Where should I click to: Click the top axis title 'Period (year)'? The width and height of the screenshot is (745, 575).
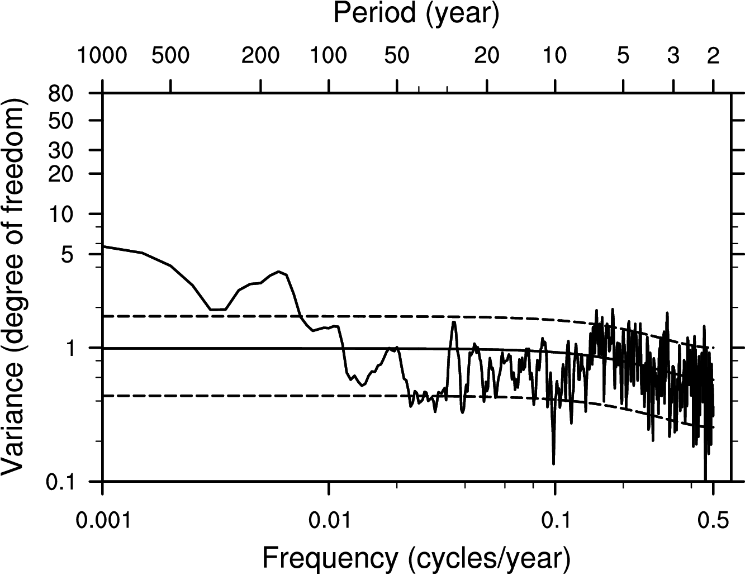pyautogui.click(x=416, y=13)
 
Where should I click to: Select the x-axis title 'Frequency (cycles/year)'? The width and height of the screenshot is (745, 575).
pyautogui.click(x=416, y=557)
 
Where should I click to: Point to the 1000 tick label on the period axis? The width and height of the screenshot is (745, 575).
pyautogui.click(x=102, y=56)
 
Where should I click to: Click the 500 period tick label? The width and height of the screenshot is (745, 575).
pyautogui.click(x=170, y=56)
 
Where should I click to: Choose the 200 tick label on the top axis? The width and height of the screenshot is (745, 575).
pyautogui.click(x=260, y=56)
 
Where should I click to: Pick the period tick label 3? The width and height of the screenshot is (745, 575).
pyautogui.click(x=673, y=56)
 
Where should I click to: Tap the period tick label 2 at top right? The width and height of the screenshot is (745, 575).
pyautogui.click(x=713, y=56)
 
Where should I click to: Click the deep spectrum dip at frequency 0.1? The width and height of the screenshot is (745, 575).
pyautogui.click(x=553, y=463)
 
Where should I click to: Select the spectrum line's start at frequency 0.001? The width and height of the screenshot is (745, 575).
pyautogui.click(x=104, y=246)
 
